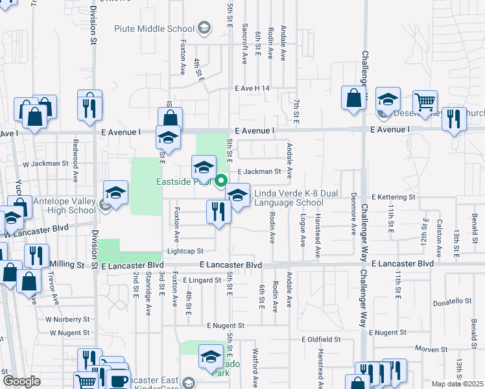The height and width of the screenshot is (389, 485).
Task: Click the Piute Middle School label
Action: [x=154, y=29]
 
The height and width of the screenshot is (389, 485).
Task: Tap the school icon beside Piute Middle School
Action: [x=204, y=28]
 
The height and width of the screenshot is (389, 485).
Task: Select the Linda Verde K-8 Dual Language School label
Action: [x=288, y=198]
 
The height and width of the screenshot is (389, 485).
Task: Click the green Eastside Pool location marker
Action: [x=221, y=181]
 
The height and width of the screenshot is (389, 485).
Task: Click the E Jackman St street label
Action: [x=258, y=172]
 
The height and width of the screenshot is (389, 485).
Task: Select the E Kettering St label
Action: [x=393, y=196]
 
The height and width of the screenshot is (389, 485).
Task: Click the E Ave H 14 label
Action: [x=252, y=88]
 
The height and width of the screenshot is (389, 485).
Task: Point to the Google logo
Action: [x=22, y=381]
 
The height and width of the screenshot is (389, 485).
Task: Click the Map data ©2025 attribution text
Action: [x=458, y=384]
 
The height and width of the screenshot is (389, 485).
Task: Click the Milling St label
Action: [x=67, y=265]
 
